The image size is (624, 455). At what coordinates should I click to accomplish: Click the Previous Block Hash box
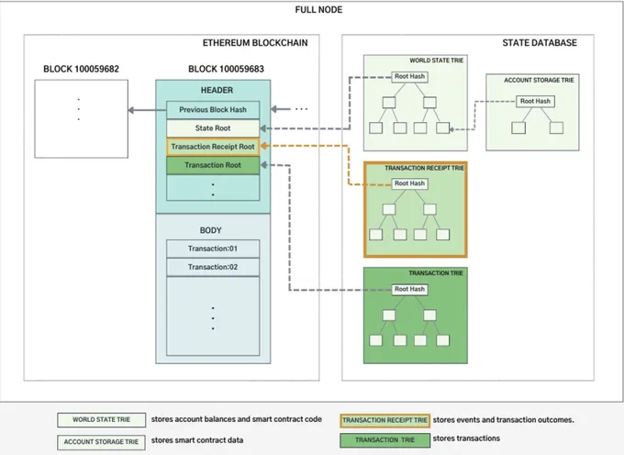click(213, 110)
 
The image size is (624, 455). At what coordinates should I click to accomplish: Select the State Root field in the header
click(213, 128)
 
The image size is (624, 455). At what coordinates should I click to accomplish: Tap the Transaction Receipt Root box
click(213, 147)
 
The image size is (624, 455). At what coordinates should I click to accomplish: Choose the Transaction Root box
click(213, 165)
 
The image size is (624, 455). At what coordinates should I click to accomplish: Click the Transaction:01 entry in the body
click(213, 249)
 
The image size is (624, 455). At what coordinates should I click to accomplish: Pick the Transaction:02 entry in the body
click(213, 267)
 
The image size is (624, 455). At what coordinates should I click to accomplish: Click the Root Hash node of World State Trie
click(409, 76)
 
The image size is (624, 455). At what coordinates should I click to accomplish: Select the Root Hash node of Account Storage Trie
click(535, 102)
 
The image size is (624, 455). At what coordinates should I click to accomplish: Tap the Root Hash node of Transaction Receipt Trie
click(409, 183)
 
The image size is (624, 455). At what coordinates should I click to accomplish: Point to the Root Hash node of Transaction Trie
click(409, 289)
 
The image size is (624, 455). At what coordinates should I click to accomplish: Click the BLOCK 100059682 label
click(81, 69)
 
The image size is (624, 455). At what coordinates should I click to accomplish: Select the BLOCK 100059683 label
click(226, 69)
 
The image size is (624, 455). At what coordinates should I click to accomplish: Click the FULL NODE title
click(318, 9)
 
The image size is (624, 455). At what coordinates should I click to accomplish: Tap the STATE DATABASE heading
click(540, 42)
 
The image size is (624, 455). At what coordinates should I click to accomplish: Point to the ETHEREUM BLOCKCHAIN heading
click(255, 42)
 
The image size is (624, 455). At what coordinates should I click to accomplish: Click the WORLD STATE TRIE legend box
click(102, 419)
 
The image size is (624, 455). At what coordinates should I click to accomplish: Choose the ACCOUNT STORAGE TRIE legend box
click(102, 442)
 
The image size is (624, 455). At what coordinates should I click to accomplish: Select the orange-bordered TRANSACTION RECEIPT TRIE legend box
click(384, 420)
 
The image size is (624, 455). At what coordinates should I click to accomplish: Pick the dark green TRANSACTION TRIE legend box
click(384, 440)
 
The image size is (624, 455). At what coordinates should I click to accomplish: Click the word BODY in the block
click(210, 230)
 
